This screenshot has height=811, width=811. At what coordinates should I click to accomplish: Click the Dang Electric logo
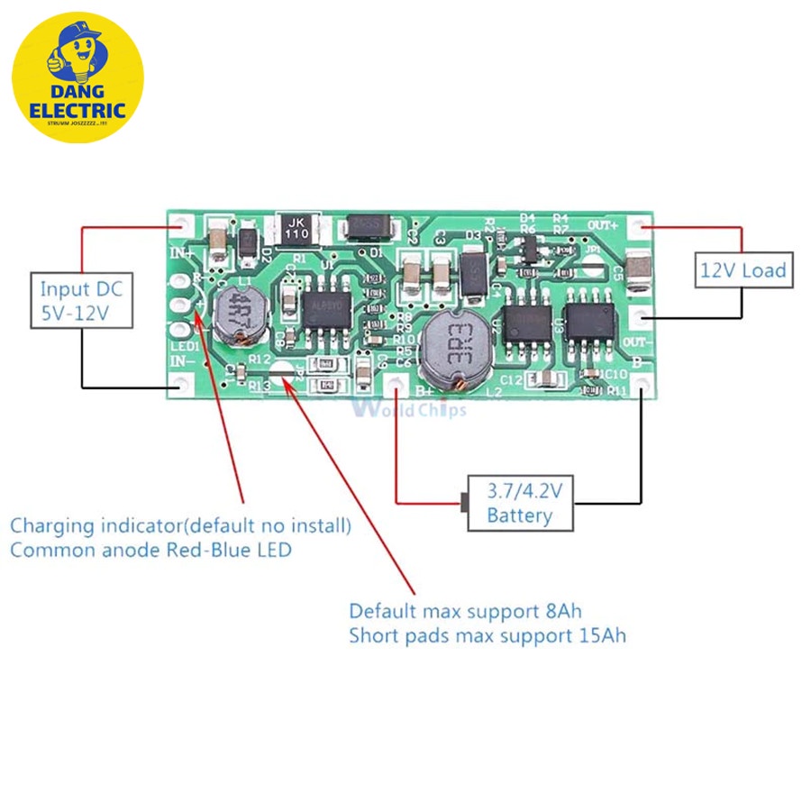(x=77, y=77)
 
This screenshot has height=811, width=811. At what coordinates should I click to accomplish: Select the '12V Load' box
(x=743, y=269)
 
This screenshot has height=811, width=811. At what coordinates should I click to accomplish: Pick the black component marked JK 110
(x=296, y=227)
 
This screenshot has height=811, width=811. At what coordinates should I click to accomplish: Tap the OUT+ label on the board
(x=603, y=224)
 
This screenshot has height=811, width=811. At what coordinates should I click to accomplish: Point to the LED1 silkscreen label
(x=185, y=348)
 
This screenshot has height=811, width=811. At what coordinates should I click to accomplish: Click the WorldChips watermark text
(x=411, y=410)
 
